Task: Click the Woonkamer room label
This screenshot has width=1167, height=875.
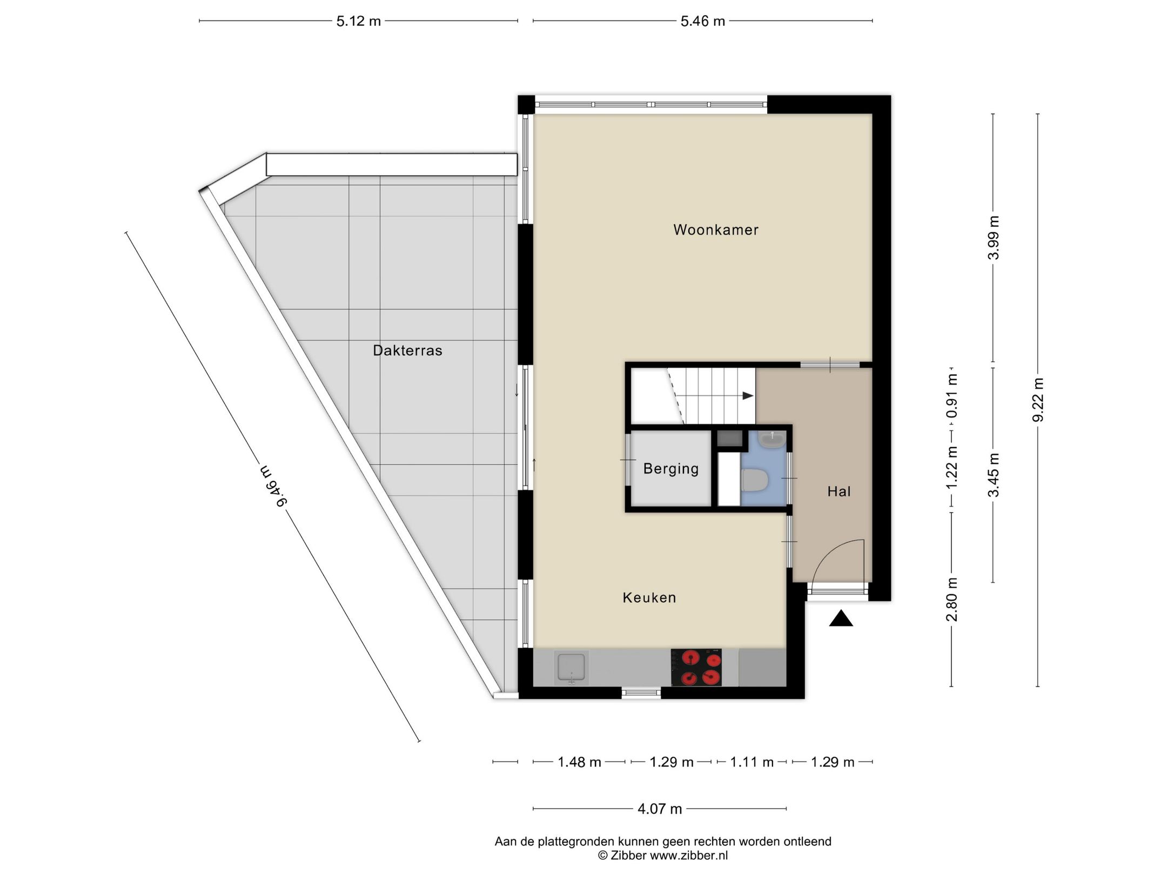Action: (x=715, y=230)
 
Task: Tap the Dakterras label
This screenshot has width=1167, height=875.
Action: (x=407, y=351)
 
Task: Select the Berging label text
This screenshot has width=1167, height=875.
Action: (x=670, y=468)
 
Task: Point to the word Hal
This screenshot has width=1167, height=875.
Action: (x=839, y=492)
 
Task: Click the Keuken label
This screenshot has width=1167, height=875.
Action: (x=649, y=597)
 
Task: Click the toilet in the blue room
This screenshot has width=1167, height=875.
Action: (x=755, y=480)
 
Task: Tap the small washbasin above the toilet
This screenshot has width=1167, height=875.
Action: (x=772, y=440)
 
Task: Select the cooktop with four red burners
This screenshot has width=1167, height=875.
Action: (x=696, y=668)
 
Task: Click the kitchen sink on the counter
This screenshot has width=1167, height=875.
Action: (x=571, y=668)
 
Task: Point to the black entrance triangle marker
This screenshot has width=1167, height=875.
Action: (x=841, y=619)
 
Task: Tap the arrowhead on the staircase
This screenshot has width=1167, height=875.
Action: (x=748, y=396)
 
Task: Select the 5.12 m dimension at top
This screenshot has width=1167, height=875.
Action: (x=358, y=21)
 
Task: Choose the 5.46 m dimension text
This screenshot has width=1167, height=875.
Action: (x=702, y=21)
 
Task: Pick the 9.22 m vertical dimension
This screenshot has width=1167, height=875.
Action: (x=1038, y=400)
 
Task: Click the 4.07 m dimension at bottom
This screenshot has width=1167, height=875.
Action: (x=659, y=809)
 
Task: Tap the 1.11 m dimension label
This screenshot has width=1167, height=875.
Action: (x=752, y=762)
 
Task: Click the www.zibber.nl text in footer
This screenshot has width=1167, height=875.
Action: (x=688, y=855)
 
